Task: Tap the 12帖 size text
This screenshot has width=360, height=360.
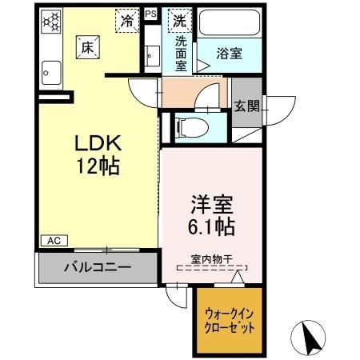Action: coord(97,167)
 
